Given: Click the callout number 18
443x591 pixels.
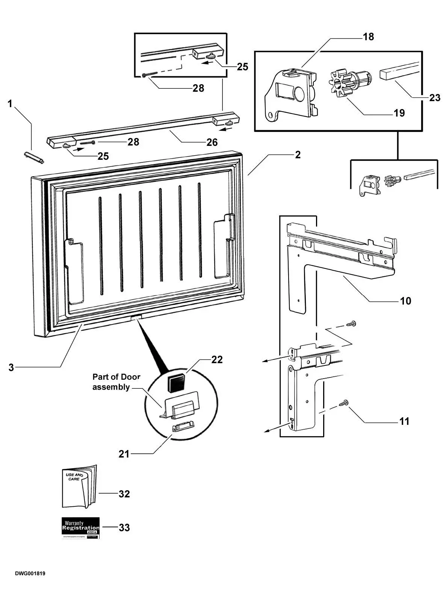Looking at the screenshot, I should click(368, 36).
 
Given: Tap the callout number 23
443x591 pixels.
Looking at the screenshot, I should click(434, 98).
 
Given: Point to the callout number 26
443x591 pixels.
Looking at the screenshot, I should click(212, 142).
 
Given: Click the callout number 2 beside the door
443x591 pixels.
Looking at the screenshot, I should click(298, 155).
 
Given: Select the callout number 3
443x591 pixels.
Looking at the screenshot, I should click(11, 367).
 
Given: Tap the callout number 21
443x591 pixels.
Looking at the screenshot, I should click(124, 454).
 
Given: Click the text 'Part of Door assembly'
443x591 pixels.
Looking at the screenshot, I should click(116, 382).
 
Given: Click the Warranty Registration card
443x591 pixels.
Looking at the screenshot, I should click(80, 528).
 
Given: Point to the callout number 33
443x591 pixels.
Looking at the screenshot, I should click(124, 528).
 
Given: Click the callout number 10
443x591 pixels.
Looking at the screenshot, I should click(406, 301).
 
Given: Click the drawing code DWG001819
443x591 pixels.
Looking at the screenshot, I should click(30, 574).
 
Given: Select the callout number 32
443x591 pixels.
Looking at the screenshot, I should click(124, 494).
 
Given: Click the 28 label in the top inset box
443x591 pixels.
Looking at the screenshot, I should click(198, 88).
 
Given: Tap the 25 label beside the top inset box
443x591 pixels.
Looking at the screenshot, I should click(242, 67).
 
